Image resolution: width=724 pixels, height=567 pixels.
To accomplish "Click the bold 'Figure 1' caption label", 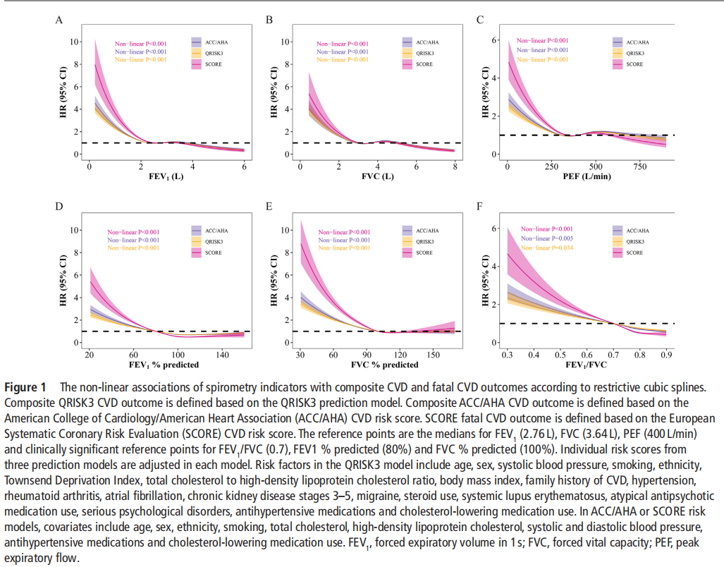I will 25,388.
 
